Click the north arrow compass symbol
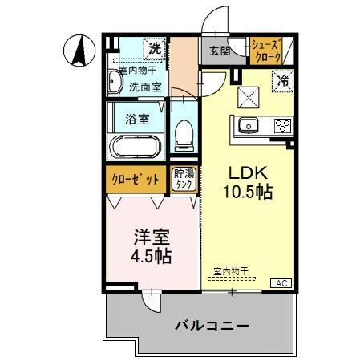click(79, 52)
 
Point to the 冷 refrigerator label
click(282, 80)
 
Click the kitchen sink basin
click(247, 125)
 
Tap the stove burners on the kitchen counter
click(282, 125)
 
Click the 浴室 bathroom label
click(137, 120)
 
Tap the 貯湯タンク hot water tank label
click(184, 180)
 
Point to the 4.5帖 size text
click(152, 257)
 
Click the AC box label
click(283, 282)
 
